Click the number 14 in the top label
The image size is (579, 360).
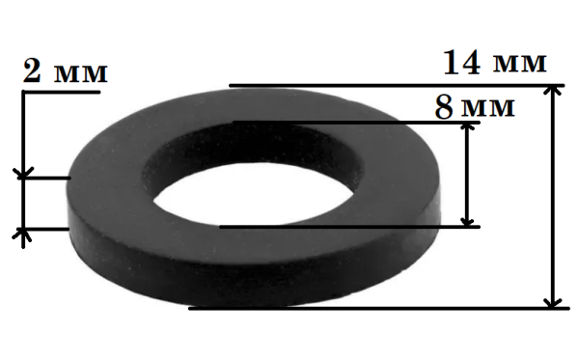click(x=462, y=63)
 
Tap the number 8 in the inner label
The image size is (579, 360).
click(x=444, y=107)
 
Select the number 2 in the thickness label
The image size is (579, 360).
click(x=32, y=70)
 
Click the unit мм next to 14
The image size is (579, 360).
click(x=520, y=64)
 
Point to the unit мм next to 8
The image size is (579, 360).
click(x=488, y=108)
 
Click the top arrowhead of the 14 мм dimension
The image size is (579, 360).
click(x=552, y=91)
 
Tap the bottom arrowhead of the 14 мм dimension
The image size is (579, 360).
click(x=552, y=303)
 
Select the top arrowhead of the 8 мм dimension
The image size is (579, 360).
click(x=467, y=127)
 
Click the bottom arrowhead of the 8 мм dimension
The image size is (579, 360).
click(x=467, y=222)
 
